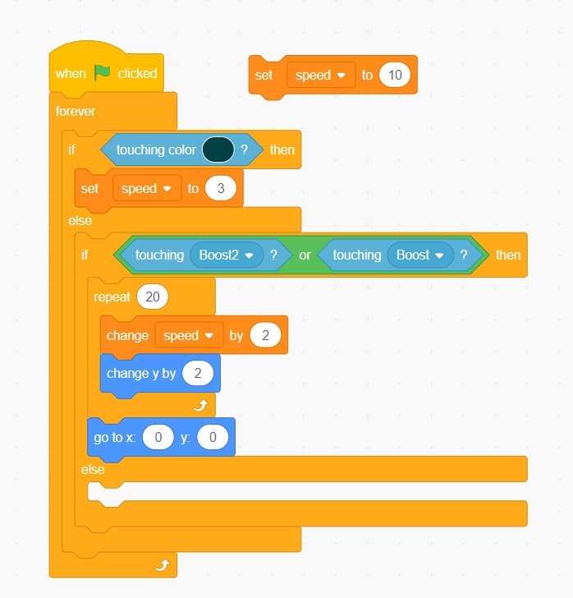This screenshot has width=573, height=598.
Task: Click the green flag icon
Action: pyautogui.click(x=102, y=72)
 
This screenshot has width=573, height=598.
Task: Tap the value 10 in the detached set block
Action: pyautogui.click(x=395, y=75)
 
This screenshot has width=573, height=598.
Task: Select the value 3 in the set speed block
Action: pyautogui.click(x=221, y=188)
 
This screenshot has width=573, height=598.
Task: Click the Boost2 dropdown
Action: pyautogui.click(x=227, y=255)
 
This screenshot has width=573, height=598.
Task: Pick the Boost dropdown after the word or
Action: pyautogui.click(x=420, y=255)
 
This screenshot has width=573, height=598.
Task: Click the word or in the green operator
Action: pyautogui.click(x=305, y=255)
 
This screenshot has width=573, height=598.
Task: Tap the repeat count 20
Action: pyautogui.click(x=152, y=297)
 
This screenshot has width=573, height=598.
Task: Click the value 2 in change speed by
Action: pyautogui.click(x=265, y=335)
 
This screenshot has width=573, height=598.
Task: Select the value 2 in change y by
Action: pyautogui.click(x=197, y=373)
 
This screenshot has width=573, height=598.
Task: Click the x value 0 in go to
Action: pyautogui.click(x=157, y=437)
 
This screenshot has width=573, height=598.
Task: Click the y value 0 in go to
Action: pyautogui.click(x=212, y=437)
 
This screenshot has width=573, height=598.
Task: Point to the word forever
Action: pyautogui.click(x=76, y=111)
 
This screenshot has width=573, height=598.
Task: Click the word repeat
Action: pyautogui.click(x=112, y=297)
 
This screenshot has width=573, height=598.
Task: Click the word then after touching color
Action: pyautogui.click(x=282, y=149)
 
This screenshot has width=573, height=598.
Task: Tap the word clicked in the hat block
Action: pyautogui.click(x=137, y=73)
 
